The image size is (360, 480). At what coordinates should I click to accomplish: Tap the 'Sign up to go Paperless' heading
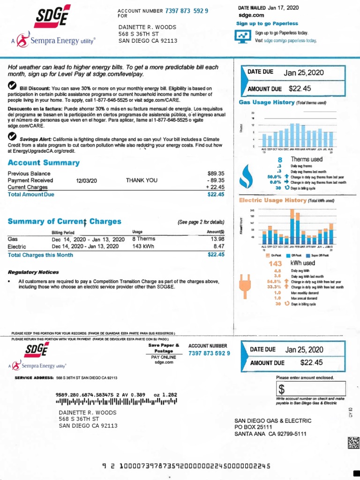coord(267,23)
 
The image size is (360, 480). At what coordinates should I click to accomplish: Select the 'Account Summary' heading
coord(44,163)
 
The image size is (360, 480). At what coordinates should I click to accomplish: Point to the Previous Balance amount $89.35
coord(216,173)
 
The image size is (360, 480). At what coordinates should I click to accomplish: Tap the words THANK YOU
coord(142,180)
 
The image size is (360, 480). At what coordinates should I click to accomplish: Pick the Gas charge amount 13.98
coord(218,239)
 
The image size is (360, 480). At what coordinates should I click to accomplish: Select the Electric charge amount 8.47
coord(219,246)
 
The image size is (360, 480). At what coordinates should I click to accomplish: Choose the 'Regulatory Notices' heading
coord(33,272)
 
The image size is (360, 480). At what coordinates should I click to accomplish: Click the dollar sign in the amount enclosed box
coord(282,389)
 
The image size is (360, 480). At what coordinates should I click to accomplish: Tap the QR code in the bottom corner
coord(354,443)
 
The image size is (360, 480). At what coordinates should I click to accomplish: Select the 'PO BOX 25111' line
coord(253,427)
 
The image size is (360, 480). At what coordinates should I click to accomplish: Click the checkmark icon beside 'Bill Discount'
coord(13,85)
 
